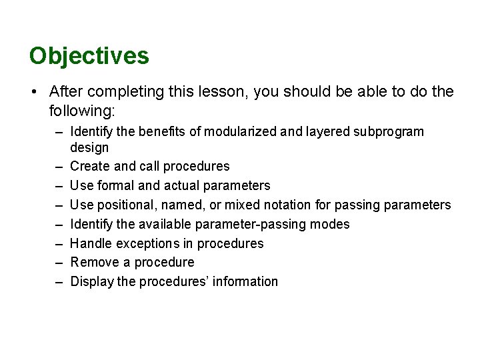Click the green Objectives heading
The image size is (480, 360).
pyautogui.click(x=89, y=56)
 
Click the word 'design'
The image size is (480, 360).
pyautogui.click(x=89, y=147)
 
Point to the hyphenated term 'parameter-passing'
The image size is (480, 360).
pyautogui.click(x=253, y=224)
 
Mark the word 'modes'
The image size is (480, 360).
pyautogui.click(x=329, y=224)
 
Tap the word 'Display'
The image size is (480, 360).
pyautogui.click(x=92, y=281)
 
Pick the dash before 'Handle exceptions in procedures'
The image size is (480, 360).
pyautogui.click(x=58, y=243)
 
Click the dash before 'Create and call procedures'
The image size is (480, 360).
pyautogui.click(x=58, y=166)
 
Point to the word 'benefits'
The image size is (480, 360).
pyautogui.click(x=162, y=131)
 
